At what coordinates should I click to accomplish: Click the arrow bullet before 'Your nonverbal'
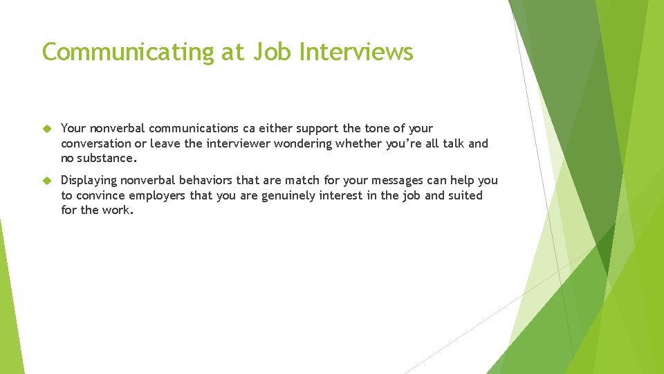pos(47,129)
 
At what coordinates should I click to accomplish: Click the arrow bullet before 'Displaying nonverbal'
pos(47,181)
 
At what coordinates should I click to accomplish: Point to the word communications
pos(193,129)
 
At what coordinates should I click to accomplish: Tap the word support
pos(320,129)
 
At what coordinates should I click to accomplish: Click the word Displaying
pos(93,181)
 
